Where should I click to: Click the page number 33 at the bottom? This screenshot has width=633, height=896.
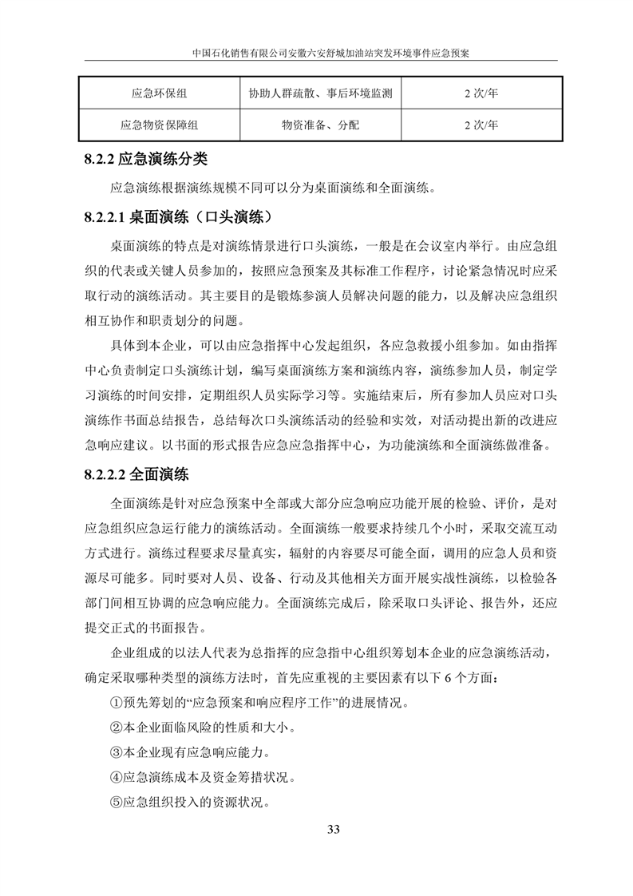334,828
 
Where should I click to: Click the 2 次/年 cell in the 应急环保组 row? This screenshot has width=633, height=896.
481,94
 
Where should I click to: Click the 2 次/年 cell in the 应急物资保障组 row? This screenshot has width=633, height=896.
481,125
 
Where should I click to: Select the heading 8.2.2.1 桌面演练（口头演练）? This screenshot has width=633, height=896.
180,217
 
